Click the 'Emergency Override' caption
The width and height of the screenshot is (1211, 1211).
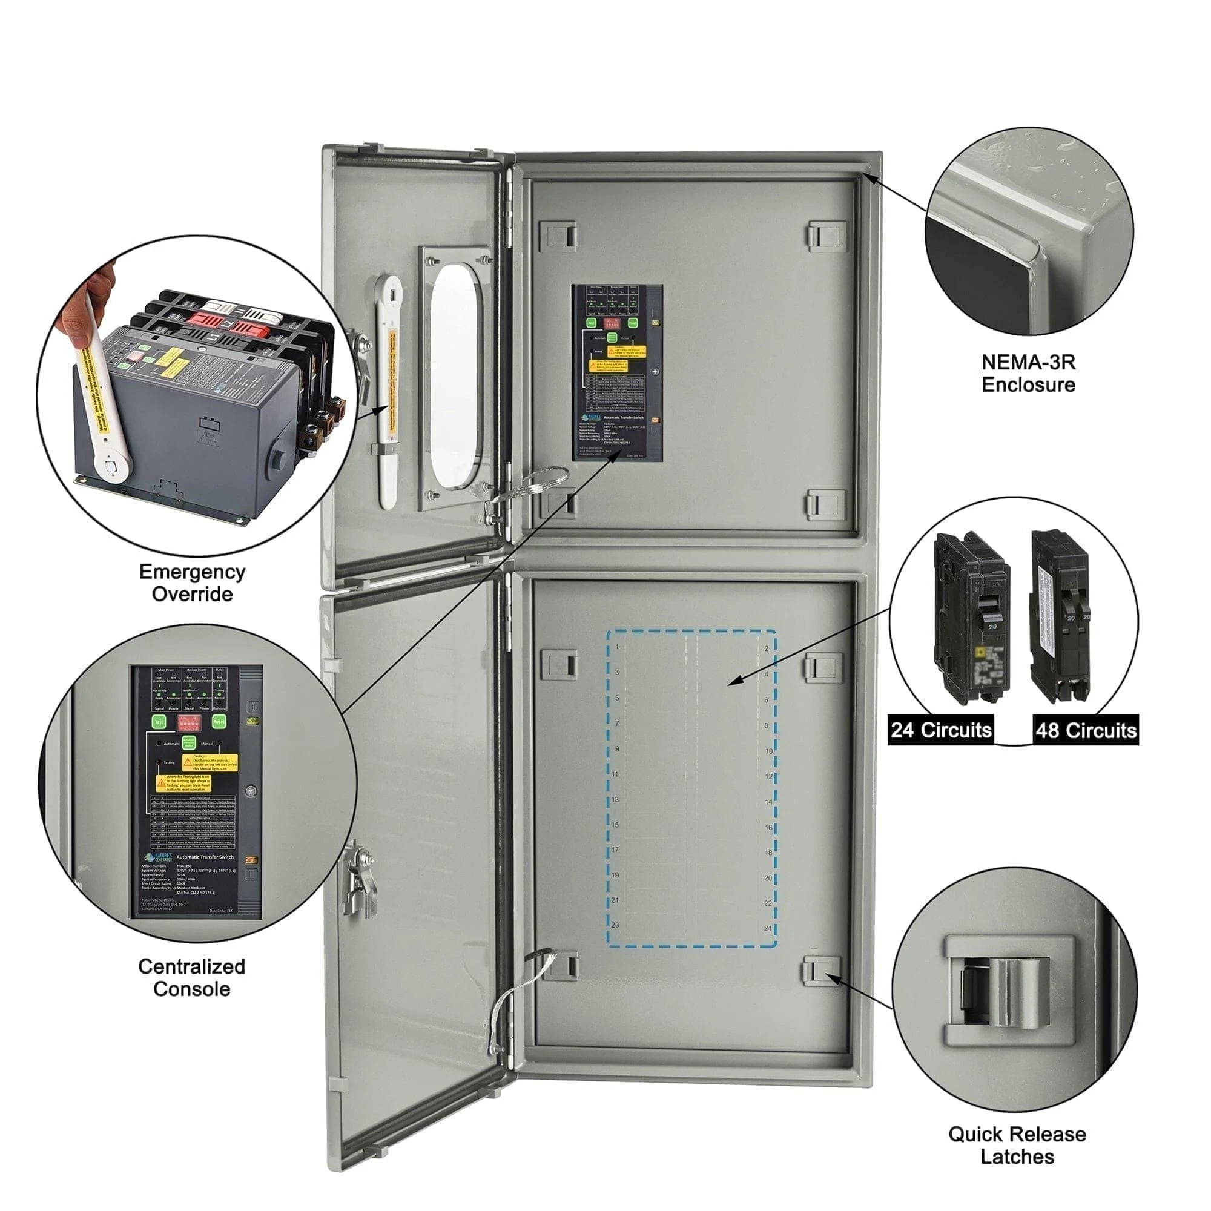192,583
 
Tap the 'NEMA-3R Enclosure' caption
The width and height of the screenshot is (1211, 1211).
1028,373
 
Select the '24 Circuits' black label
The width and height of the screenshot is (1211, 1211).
941,730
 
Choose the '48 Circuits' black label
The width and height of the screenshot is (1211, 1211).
1086,730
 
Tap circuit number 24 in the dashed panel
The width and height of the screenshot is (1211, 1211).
768,928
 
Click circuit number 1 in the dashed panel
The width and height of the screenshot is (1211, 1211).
617,647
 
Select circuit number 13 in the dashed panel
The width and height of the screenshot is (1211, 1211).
615,799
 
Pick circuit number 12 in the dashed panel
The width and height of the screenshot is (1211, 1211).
768,777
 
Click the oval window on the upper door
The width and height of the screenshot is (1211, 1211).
456,376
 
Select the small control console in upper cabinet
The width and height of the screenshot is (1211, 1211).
617,373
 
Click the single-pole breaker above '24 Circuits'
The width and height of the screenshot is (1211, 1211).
972,618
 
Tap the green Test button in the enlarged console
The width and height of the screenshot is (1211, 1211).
159,722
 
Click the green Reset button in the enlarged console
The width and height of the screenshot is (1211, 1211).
219,722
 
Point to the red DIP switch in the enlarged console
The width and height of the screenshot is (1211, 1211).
189,723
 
